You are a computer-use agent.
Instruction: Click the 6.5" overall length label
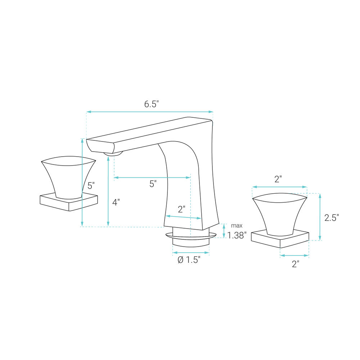click(152, 104)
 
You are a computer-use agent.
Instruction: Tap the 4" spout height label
click(116, 202)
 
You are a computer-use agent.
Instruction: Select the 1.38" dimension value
click(237, 235)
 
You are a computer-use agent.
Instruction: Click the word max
click(237, 226)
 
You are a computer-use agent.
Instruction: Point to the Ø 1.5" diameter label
click(189, 260)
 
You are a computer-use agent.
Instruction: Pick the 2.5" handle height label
click(332, 218)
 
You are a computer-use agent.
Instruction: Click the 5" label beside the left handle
click(91, 185)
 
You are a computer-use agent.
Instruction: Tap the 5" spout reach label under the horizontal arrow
click(153, 184)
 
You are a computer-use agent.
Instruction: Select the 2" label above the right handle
click(278, 179)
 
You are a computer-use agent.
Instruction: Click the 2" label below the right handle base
click(296, 264)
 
